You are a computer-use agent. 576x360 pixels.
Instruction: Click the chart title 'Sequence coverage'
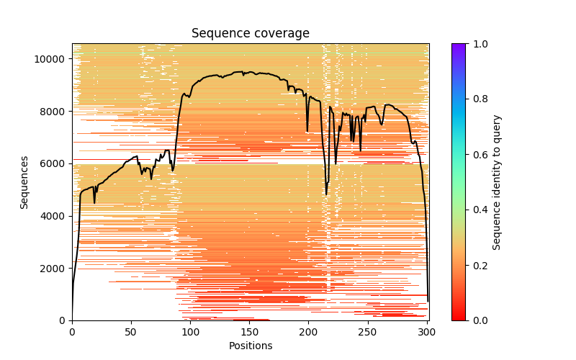click(x=250, y=34)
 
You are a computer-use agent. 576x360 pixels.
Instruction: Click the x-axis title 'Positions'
click(x=250, y=346)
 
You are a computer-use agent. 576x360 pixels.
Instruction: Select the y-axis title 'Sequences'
click(x=24, y=182)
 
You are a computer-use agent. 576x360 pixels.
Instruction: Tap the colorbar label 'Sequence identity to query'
click(x=497, y=182)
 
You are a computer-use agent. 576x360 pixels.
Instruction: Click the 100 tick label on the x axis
click(x=190, y=331)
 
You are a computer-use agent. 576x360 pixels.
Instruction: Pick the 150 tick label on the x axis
click(x=249, y=331)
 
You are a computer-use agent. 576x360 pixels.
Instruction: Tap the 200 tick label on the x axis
click(x=308, y=331)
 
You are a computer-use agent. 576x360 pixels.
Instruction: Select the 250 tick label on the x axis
click(x=367, y=331)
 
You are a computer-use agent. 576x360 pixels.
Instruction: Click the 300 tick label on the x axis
click(x=426, y=331)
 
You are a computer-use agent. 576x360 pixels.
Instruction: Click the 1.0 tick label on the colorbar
click(x=478, y=44)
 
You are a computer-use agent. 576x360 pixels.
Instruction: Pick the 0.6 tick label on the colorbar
click(x=478, y=154)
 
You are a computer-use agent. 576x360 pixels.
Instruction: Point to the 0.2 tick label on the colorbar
click(x=478, y=265)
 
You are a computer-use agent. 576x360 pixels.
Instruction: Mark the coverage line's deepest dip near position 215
click(x=326, y=194)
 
